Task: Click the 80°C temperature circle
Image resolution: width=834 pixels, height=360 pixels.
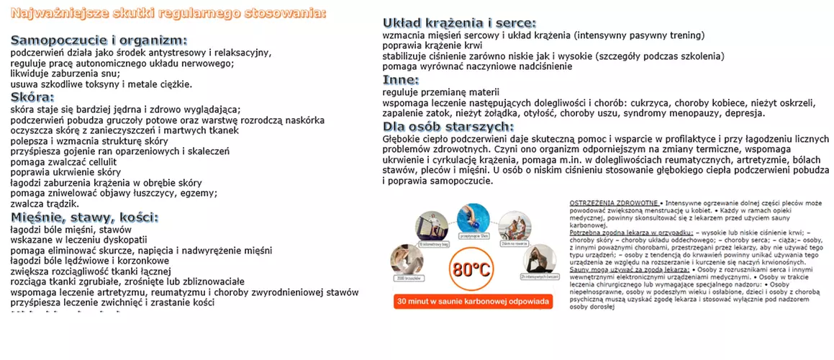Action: pos(472,271)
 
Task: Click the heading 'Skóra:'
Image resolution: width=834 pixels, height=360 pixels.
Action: pos(32,97)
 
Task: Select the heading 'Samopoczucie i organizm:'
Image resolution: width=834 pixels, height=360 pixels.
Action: pos(99,40)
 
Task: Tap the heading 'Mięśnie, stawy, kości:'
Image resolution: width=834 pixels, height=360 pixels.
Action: pos(84,217)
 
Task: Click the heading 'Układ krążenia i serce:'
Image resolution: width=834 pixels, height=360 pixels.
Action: pos(458,23)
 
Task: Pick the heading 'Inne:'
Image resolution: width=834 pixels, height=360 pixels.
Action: pos(400,79)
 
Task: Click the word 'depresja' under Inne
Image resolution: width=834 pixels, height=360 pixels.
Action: pos(742,114)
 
